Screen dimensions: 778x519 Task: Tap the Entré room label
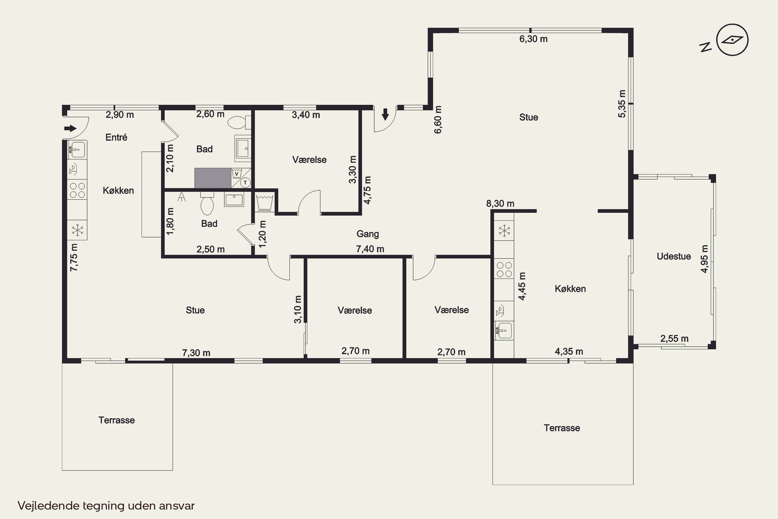[x=116, y=137]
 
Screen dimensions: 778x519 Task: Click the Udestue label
[x=673, y=256]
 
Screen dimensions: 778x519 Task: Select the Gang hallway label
[x=367, y=234]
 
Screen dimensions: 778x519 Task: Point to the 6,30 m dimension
[x=533, y=39]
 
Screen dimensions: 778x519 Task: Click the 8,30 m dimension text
[x=500, y=203]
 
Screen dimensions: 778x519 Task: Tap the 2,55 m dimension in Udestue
[x=674, y=339]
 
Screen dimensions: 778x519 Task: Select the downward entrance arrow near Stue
[x=385, y=114]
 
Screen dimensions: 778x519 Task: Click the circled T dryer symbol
[x=245, y=182]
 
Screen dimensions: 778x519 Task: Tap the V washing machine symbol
[x=237, y=173]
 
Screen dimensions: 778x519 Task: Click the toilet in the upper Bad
[x=239, y=122]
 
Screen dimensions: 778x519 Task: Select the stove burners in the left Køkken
[x=77, y=190]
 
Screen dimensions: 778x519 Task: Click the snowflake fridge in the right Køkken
[x=504, y=231]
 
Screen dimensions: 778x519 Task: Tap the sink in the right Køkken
[x=504, y=331]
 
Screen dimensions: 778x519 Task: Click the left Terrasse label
[x=116, y=420]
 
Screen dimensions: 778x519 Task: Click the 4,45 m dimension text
[x=522, y=286]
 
